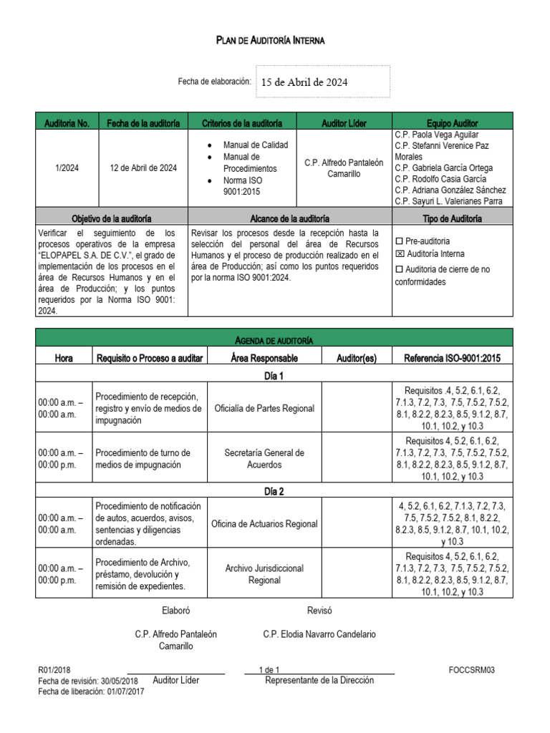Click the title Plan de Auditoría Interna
[271, 41]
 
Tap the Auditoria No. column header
[67, 123]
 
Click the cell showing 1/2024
[67, 168]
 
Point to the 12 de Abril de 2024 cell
[143, 168]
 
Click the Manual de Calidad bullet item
[255, 145]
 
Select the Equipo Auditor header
[452, 123]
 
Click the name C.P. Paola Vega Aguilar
[437, 135]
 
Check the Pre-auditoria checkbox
[400, 242]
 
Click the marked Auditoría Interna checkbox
[400, 254]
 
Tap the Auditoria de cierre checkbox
[400, 269]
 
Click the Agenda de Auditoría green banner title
[274, 340]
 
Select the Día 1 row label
[274, 375]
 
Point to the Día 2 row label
[274, 492]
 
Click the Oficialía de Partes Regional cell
[264, 408]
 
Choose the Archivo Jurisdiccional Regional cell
[264, 574]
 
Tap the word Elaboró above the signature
[176, 611]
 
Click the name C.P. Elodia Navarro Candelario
[319, 634]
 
